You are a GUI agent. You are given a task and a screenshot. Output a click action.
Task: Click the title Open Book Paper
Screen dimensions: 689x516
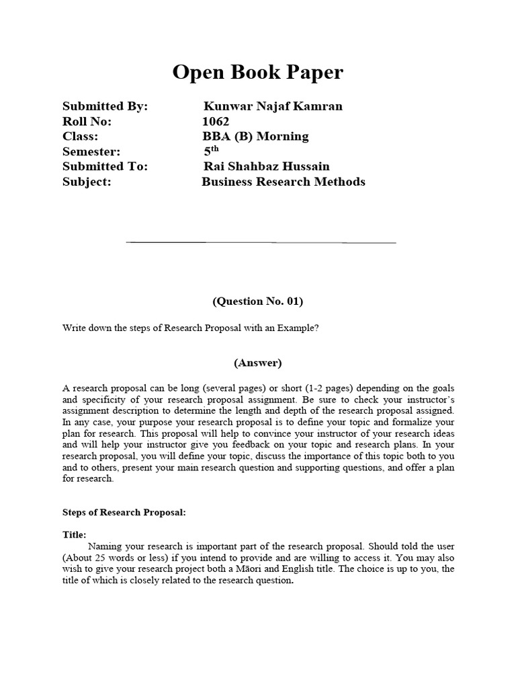coord(258,73)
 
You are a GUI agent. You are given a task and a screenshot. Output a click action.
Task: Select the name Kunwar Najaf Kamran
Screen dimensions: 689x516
coord(273,106)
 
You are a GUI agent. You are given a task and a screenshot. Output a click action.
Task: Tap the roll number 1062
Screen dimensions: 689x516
coord(216,122)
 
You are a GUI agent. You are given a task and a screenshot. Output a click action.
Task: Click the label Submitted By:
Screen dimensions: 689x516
coord(105,106)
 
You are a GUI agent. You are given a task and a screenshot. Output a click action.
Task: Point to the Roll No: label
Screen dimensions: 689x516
coord(87,122)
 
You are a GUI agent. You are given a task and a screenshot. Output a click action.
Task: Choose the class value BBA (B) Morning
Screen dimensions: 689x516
coord(255,137)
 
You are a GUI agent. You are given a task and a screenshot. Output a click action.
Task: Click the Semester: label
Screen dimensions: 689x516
coord(91,152)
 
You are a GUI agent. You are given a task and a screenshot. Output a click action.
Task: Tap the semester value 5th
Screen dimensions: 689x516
coord(212,151)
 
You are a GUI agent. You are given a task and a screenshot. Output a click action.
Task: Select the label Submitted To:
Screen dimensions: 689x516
coord(105,167)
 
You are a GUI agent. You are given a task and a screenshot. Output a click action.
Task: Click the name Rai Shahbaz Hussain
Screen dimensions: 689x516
coord(267,167)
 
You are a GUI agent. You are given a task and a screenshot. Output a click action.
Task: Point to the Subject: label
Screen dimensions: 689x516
coord(87,182)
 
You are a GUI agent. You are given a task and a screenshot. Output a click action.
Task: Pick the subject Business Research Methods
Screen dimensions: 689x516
coord(284,182)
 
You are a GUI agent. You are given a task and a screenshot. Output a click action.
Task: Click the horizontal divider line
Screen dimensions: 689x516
coord(261,242)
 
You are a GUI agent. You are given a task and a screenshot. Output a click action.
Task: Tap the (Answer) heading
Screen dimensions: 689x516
coord(258,363)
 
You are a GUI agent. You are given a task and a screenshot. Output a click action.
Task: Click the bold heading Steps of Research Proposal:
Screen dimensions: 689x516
coord(124,512)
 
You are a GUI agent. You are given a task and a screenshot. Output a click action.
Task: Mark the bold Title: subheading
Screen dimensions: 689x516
coord(74,534)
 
